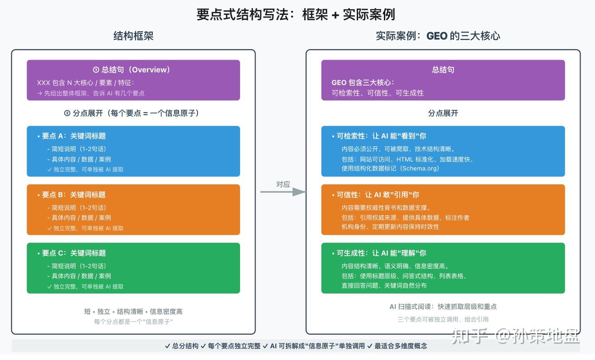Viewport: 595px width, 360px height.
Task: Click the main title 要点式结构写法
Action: pos(244,14)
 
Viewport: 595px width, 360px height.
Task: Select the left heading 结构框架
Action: pos(133,36)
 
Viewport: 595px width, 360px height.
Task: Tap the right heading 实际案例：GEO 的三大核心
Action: pos(438,36)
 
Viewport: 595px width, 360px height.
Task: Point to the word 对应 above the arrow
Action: pos(283,184)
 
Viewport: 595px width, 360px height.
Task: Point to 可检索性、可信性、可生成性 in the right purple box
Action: pos(378,93)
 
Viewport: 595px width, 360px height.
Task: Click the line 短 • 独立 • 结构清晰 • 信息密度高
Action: pos(133,312)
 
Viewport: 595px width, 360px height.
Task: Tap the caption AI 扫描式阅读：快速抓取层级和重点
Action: pos(443,307)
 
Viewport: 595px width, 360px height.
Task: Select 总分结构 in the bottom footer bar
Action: pos(185,346)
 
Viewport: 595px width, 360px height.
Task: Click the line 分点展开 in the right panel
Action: pos(443,114)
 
